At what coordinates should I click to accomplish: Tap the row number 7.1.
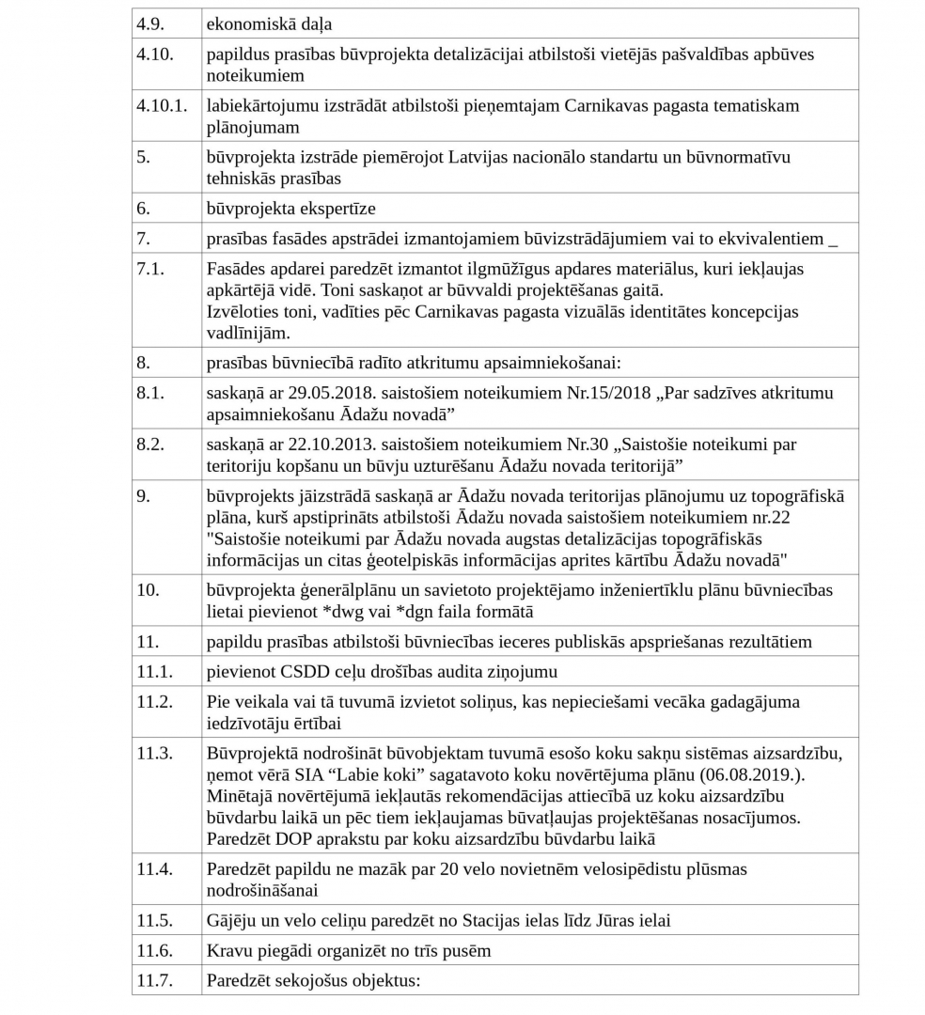click(x=150, y=270)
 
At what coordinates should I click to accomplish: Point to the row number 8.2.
click(x=150, y=445)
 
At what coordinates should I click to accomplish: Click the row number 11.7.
click(x=155, y=980)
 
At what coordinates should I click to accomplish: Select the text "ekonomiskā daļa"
click(x=269, y=24)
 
